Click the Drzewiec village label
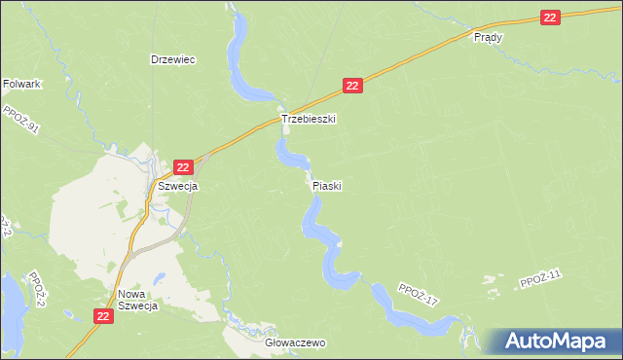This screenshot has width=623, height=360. [x=173, y=59]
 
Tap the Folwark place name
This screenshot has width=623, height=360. [x=21, y=85]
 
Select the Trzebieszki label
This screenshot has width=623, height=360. [x=309, y=119]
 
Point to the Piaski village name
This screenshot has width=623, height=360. [x=327, y=185]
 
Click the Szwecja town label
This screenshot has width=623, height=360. [x=178, y=186]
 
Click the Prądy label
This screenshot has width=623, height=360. [x=487, y=37]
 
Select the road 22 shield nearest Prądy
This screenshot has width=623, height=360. [x=551, y=18]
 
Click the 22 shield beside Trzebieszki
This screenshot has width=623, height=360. [x=352, y=87]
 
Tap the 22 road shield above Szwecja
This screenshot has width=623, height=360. [x=182, y=168]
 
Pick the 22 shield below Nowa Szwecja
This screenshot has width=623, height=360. [x=105, y=316]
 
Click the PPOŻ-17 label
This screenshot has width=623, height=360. [x=419, y=295]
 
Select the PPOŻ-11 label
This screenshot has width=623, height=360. [x=541, y=281]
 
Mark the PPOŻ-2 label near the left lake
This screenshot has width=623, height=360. [x=37, y=288]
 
